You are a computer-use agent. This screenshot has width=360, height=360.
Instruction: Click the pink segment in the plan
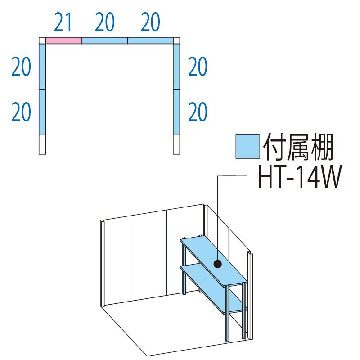click(x=63, y=40)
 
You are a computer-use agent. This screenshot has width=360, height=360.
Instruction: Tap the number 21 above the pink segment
click(x=63, y=22)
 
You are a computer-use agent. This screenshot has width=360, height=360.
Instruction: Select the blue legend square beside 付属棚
click(x=248, y=147)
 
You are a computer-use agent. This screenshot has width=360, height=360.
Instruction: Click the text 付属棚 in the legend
click(x=298, y=147)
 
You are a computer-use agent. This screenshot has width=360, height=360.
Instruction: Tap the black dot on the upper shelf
click(x=217, y=264)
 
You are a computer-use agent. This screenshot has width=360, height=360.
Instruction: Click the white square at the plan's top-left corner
click(x=42, y=40)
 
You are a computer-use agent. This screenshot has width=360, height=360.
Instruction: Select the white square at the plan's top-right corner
click(x=176, y=40)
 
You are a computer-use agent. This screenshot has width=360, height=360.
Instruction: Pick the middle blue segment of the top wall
click(x=105, y=40)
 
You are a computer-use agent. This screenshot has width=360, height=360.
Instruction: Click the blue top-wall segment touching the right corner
click(x=150, y=40)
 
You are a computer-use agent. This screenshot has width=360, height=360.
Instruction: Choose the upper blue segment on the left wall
click(x=42, y=67)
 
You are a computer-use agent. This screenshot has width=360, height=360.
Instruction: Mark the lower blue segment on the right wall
click(x=176, y=112)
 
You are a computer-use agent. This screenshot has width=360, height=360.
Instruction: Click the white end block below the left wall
click(x=42, y=144)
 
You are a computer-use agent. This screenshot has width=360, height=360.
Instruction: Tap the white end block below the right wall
click(x=176, y=144)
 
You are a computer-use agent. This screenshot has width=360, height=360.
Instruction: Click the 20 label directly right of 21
click(x=104, y=22)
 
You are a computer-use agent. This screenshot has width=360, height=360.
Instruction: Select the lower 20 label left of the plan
click(x=21, y=112)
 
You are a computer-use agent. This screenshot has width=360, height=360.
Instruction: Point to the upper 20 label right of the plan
click(x=198, y=67)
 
